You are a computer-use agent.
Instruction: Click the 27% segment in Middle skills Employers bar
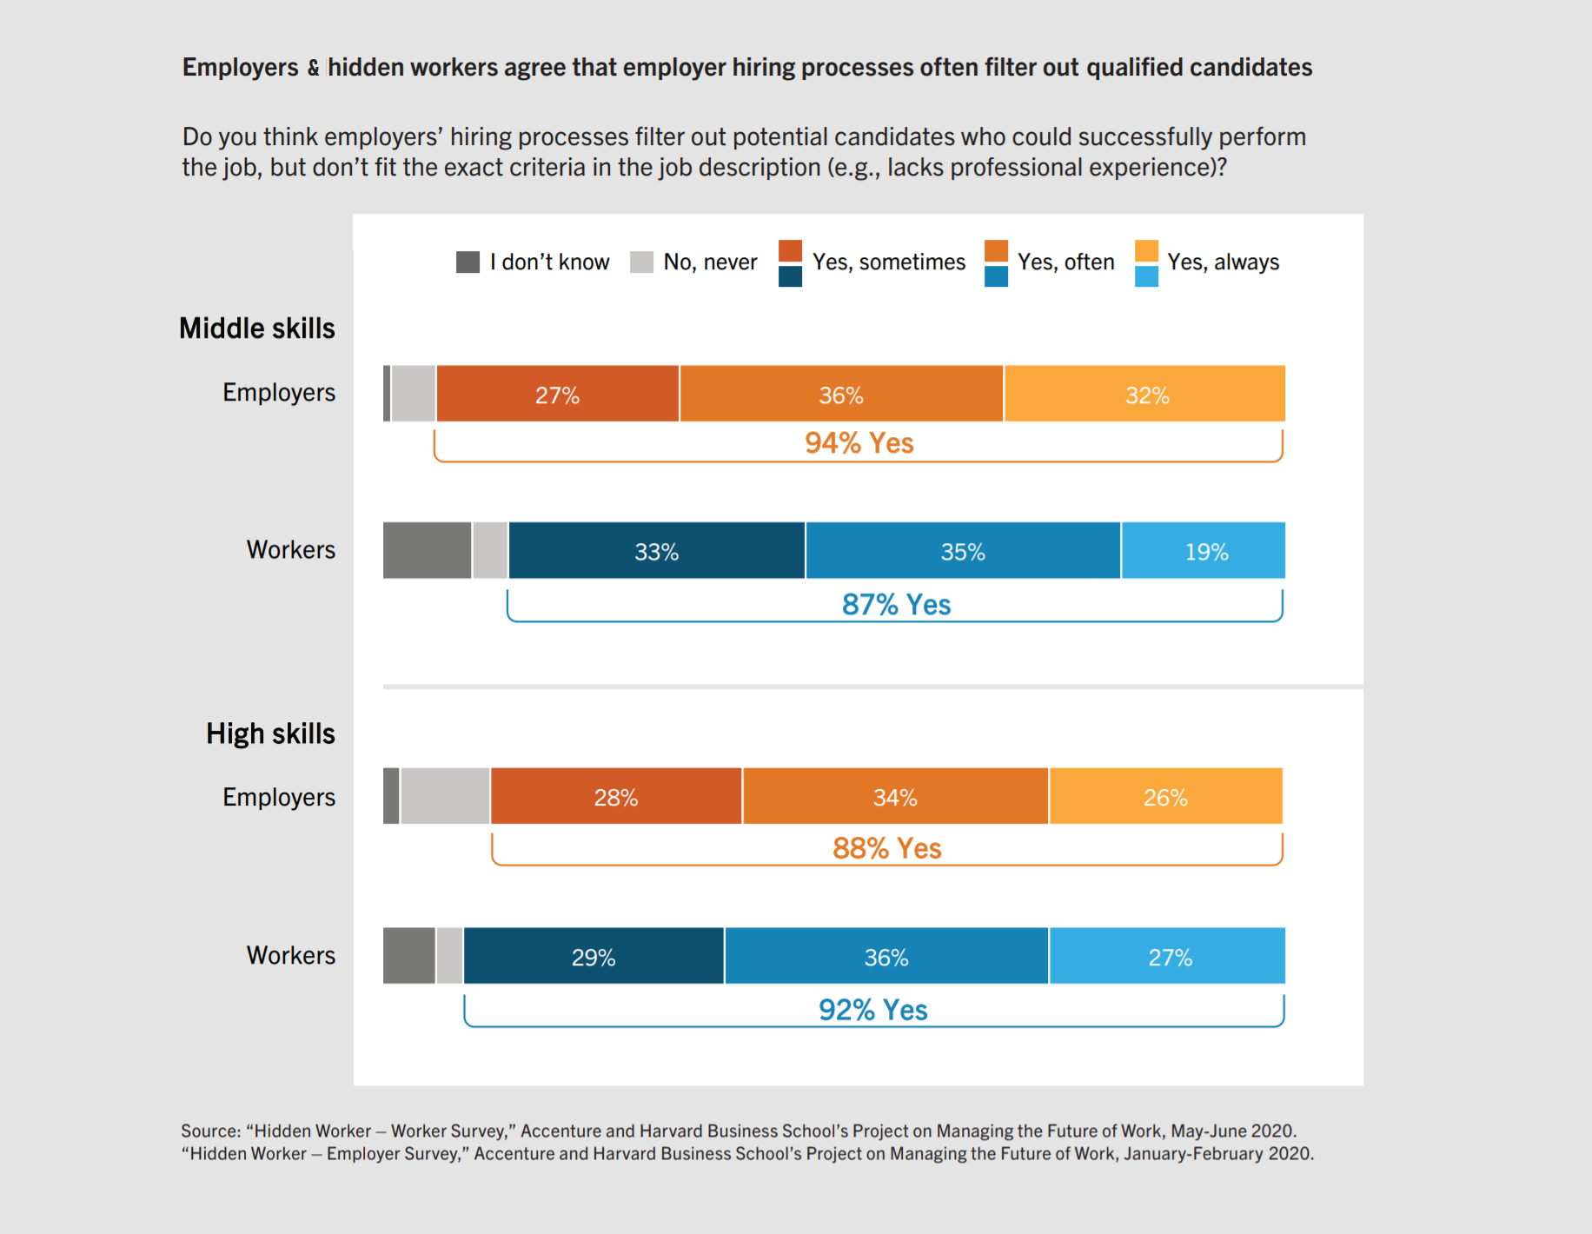point(557,394)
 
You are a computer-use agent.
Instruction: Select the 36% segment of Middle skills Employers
point(841,394)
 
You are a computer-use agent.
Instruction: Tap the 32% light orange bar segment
point(1144,394)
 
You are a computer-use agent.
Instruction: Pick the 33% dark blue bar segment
point(656,550)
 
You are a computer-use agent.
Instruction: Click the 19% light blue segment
point(1204,550)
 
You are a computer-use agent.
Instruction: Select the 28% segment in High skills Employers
point(616,796)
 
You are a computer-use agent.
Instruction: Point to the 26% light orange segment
point(1166,796)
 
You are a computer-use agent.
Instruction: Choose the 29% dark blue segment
point(594,956)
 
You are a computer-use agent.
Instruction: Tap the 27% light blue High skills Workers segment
point(1167,956)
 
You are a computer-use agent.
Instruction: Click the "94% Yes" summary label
point(859,443)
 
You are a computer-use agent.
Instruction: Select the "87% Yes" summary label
point(896,605)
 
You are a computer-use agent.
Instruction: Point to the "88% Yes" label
point(886,848)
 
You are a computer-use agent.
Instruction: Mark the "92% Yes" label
point(872,1010)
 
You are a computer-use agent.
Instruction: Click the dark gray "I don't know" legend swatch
point(468,262)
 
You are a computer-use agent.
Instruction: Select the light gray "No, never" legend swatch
point(641,262)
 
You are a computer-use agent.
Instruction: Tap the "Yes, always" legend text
point(1223,262)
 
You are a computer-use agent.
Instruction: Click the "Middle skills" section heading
point(256,328)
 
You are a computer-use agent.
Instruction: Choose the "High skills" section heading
point(270,734)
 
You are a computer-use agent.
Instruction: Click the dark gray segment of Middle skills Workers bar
point(428,550)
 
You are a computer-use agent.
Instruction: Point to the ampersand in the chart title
point(313,68)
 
